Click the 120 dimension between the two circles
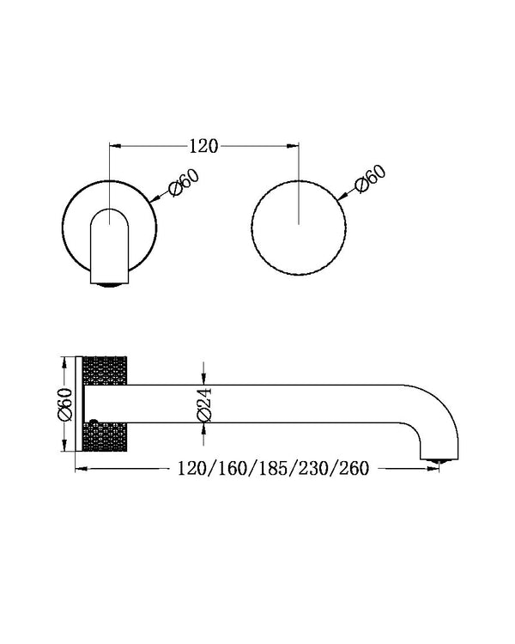203,145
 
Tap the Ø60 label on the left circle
185,181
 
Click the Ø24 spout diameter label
203,404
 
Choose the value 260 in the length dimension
354,469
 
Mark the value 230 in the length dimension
312,469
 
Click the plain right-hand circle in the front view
299,228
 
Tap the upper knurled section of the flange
105,370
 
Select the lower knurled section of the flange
105,436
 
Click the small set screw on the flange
94,422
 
